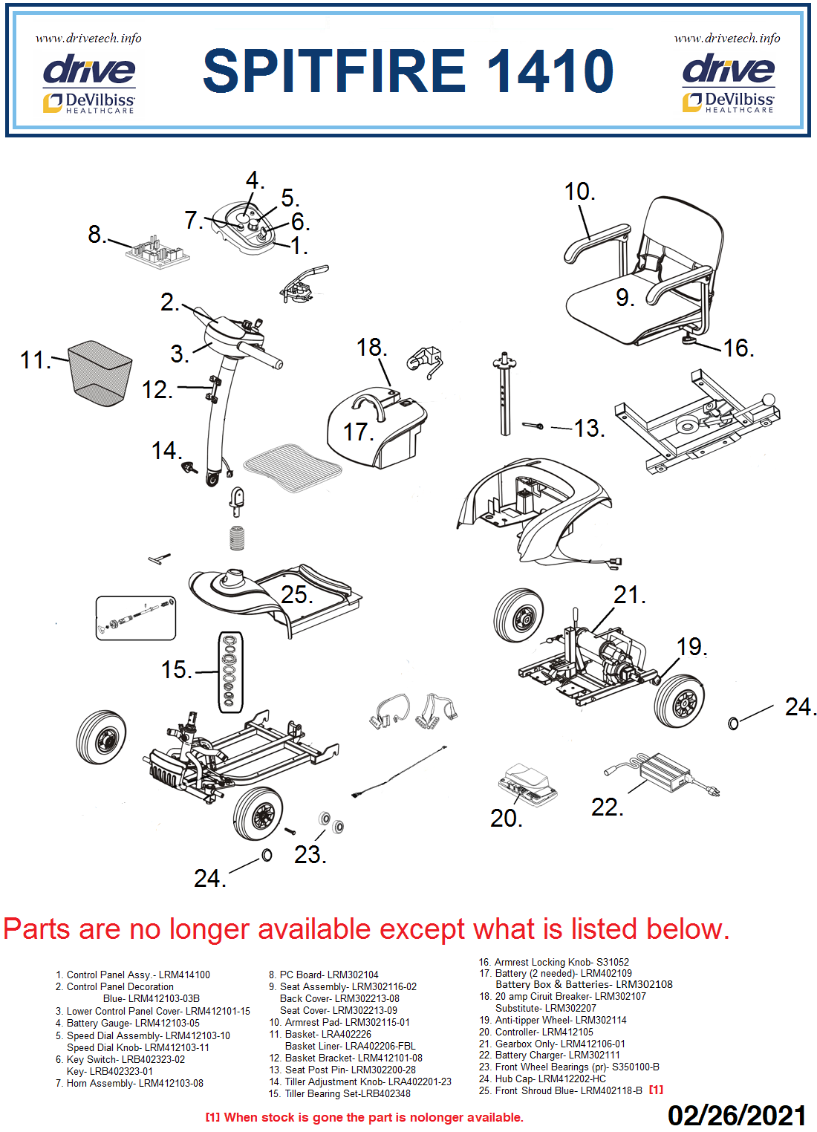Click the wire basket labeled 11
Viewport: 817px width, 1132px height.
tap(100, 373)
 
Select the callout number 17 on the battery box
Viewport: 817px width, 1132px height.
tap(357, 432)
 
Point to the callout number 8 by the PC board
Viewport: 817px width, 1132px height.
tap(96, 235)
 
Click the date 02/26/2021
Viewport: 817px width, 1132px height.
tap(736, 1115)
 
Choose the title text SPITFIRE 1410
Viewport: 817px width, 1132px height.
tap(408, 71)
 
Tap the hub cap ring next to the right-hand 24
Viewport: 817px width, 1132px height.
tap(734, 723)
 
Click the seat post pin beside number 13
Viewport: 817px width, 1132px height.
tap(534, 426)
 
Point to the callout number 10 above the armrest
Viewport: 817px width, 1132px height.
tap(579, 192)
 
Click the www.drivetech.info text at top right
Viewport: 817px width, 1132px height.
tap(727, 38)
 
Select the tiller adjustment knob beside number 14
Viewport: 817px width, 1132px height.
tap(190, 468)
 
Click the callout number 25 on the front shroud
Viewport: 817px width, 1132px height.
tap(296, 594)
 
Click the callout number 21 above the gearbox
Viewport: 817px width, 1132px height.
tap(628, 595)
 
